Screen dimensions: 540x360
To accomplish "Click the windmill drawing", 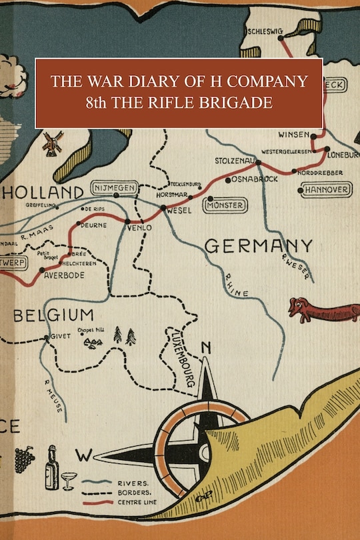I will coord(51,143).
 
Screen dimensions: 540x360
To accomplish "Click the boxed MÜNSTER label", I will coord(226,203).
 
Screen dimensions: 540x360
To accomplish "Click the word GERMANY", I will coord(258,246).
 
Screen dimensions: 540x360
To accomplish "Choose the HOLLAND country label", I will coord(43,193).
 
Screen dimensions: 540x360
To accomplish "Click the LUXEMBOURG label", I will coord(183,357).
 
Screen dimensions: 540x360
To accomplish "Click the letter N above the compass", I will coord(206,347).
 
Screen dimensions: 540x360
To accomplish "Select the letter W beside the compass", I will coord(83,456).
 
